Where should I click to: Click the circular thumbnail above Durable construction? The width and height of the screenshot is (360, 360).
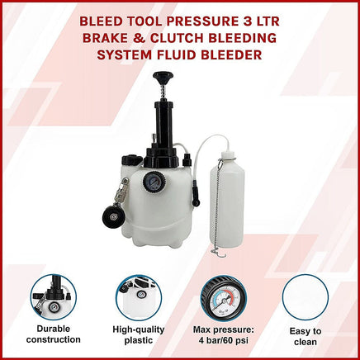(x=54, y=296)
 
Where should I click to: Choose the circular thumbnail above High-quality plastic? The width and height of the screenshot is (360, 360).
(x=139, y=296)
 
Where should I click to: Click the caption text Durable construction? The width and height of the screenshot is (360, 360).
(x=54, y=334)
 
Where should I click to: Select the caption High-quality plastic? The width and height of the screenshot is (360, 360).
(x=139, y=334)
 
